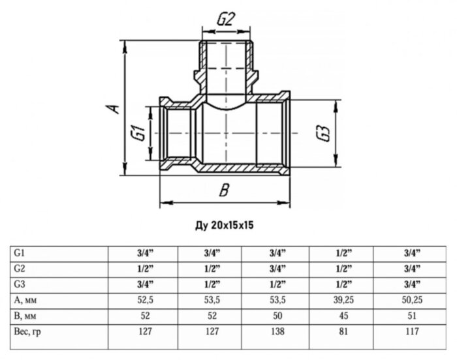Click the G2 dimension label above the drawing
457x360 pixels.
point(225,20)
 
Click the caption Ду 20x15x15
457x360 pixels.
point(224,226)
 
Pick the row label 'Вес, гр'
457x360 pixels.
point(29,331)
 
